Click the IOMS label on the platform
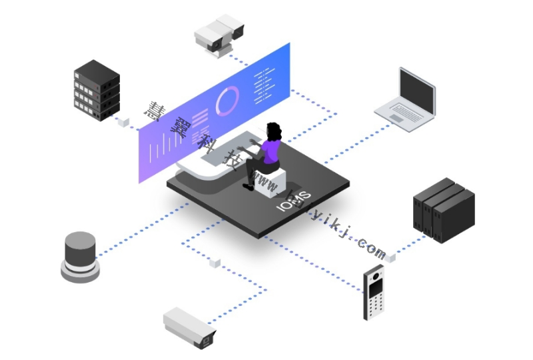pyautogui.click(x=294, y=201)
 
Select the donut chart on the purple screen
pyautogui.click(x=227, y=101)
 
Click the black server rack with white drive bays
pyautogui.click(x=96, y=91)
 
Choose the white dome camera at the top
pyautogui.click(x=218, y=31)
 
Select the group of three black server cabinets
pyautogui.click(x=444, y=207)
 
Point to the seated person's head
pyautogui.click(x=274, y=130)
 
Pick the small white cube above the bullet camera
pyautogui.click(x=214, y=263)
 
